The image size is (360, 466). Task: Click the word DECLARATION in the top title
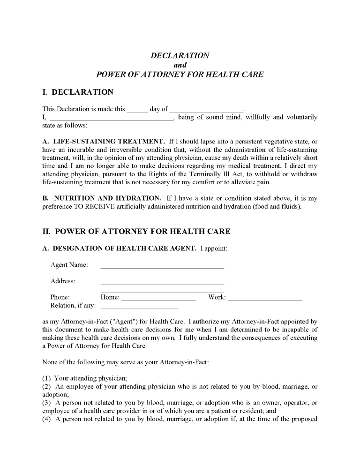[x=180, y=55]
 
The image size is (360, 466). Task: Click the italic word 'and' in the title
[x=180, y=65]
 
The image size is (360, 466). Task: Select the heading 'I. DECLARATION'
[x=78, y=92]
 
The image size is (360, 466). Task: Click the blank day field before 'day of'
[x=137, y=110]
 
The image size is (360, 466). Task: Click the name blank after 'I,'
[x=111, y=118]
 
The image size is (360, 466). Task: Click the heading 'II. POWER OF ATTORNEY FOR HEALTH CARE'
[x=136, y=232]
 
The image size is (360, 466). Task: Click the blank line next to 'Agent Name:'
[x=162, y=266]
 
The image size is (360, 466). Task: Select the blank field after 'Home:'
[x=158, y=298]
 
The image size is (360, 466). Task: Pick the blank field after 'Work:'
[x=265, y=298]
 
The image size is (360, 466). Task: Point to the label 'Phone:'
[x=60, y=297]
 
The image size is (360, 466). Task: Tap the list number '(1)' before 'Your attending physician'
[x=47, y=378]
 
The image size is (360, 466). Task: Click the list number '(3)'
[x=47, y=403]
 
